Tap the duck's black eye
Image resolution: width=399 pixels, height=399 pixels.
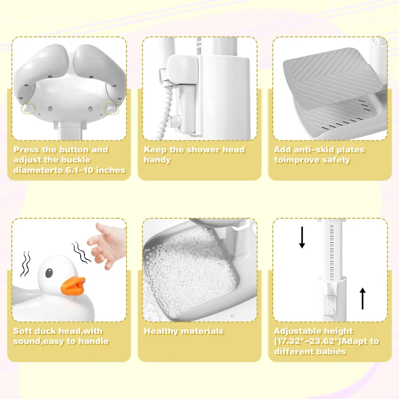(49, 273)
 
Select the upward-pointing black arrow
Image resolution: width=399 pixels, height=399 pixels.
(363, 298)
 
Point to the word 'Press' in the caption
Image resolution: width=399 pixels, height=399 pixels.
(27, 150)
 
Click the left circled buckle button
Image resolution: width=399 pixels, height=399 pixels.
(29, 108)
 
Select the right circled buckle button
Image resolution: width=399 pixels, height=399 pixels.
(111, 108)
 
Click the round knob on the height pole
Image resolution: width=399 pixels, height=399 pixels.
(331, 311)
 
